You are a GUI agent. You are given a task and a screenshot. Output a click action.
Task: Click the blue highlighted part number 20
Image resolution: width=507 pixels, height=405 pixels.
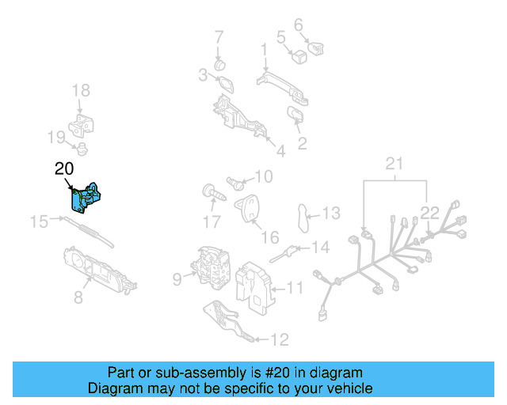point(86,198)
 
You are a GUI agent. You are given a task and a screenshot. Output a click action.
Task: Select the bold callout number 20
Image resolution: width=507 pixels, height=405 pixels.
point(64,168)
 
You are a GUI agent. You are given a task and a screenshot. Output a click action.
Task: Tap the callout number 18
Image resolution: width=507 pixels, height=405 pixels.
point(82,91)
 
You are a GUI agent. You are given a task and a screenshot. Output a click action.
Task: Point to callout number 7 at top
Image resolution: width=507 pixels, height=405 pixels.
point(219,36)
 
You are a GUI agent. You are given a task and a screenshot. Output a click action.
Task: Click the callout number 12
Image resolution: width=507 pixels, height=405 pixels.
point(280,341)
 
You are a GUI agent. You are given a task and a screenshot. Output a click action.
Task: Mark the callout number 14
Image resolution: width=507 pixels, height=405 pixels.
point(319,248)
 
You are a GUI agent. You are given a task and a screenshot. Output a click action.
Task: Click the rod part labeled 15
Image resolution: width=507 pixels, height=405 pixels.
point(87,231)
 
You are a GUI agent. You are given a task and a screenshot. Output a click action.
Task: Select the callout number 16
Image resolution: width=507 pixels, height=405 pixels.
point(270,237)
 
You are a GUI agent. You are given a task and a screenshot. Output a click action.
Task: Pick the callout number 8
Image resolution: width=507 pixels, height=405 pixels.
point(78,297)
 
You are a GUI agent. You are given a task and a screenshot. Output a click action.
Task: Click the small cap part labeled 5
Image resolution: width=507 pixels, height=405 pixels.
point(300,55)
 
